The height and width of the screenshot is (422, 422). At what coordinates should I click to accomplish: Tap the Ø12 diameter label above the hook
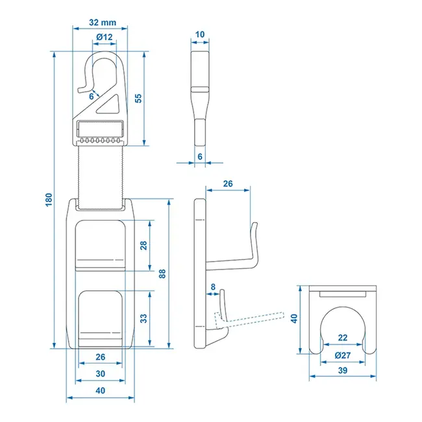tap(104, 38)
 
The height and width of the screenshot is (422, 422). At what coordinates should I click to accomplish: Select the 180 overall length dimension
tap(47, 201)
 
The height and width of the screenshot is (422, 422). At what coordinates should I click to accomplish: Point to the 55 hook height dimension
tap(137, 98)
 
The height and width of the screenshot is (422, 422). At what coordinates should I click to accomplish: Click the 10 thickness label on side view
tap(199, 34)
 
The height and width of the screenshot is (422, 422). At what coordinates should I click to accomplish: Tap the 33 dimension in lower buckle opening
tap(143, 318)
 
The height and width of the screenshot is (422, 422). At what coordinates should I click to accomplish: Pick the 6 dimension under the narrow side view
tap(199, 156)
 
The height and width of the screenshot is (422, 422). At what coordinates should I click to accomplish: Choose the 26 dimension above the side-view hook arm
tap(227, 184)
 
